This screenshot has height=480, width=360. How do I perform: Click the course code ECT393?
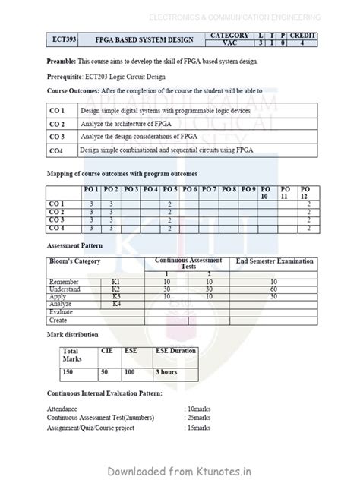(x=59, y=39)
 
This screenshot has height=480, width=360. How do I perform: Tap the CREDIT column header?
(x=302, y=35)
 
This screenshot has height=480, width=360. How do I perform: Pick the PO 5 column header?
(x=171, y=188)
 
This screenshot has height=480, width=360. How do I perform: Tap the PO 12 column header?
(x=305, y=191)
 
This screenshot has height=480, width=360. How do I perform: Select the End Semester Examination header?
(x=275, y=261)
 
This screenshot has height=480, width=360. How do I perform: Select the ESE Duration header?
(x=175, y=351)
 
